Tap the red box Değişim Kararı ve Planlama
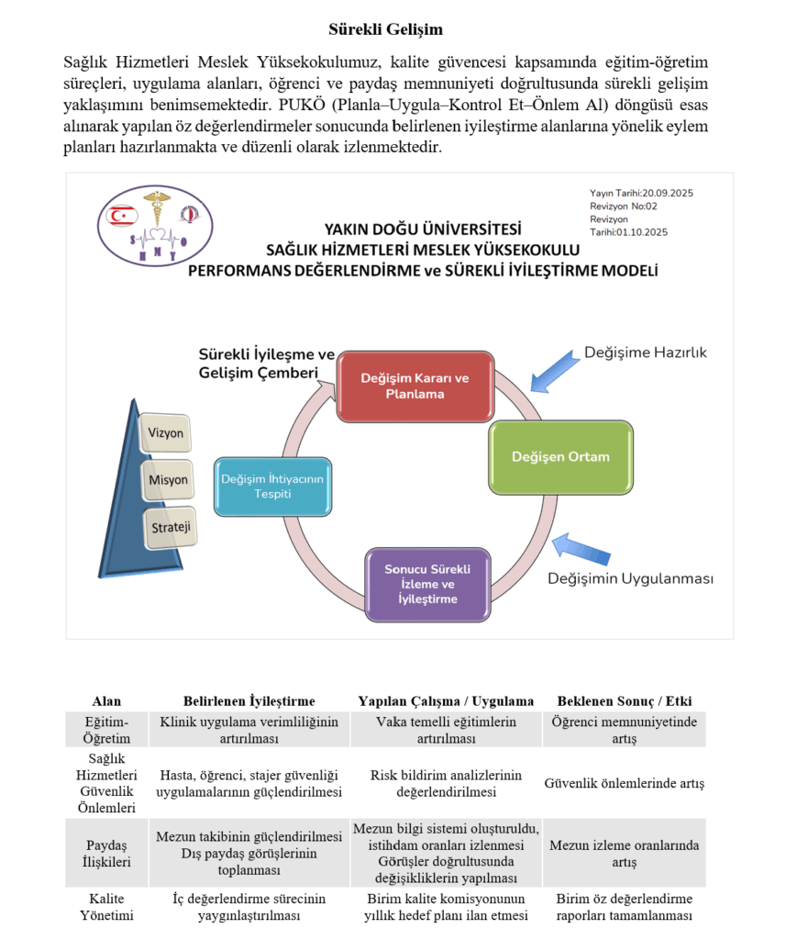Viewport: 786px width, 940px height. (x=415, y=386)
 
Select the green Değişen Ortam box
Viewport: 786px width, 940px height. (x=559, y=456)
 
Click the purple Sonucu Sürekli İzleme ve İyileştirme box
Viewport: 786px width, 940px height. (x=426, y=584)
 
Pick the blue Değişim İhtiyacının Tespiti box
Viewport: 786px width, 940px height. (x=271, y=486)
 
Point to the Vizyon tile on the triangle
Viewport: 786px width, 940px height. (x=165, y=432)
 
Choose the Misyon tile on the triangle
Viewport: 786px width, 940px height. (x=168, y=480)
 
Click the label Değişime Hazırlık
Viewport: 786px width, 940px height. (x=646, y=352)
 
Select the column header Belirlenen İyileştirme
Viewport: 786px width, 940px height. (x=249, y=701)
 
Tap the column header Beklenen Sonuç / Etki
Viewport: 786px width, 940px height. (x=624, y=701)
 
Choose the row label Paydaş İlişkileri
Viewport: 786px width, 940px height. (x=106, y=854)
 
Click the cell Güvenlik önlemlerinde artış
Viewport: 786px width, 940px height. (x=624, y=784)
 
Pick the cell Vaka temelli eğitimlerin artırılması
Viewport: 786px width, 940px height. (x=447, y=730)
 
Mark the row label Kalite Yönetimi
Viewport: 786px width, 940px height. (x=106, y=907)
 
